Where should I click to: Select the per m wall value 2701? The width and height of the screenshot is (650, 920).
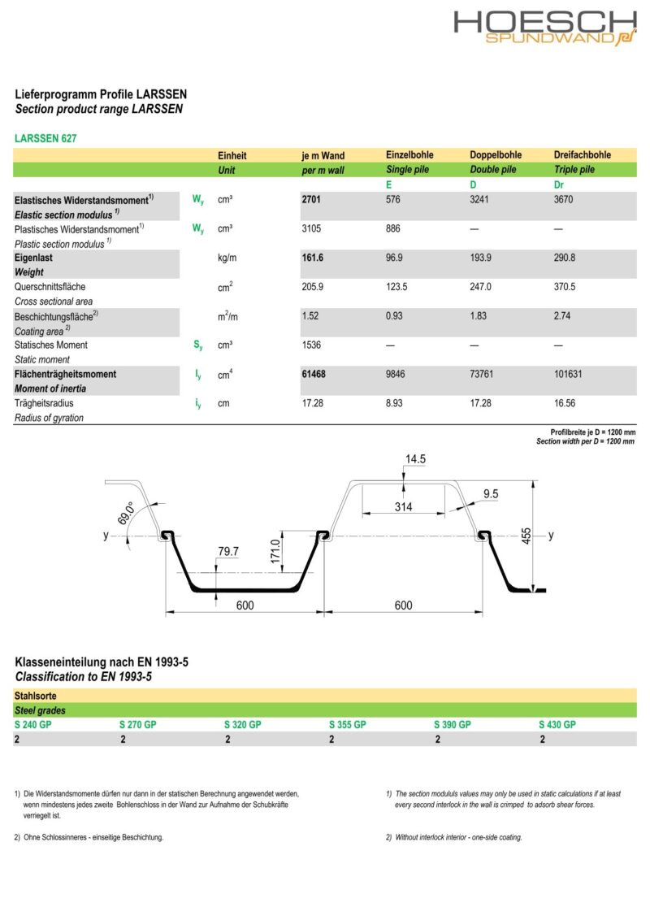click(x=313, y=199)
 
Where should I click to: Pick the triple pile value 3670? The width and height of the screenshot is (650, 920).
click(x=564, y=199)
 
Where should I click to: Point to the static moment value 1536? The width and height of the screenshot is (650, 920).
click(x=312, y=345)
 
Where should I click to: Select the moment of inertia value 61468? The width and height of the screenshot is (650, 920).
click(x=315, y=375)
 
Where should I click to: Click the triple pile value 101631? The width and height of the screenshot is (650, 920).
click(x=570, y=375)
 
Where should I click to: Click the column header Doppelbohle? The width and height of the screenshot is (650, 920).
click(x=496, y=155)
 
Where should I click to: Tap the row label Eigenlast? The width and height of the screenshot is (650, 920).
click(x=34, y=258)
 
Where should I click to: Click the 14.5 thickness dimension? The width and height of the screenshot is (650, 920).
click(x=415, y=459)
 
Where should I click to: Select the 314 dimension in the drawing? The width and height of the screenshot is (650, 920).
click(x=404, y=507)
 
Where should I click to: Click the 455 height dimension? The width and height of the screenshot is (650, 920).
click(x=526, y=536)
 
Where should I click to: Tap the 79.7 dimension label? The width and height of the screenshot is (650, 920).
click(x=228, y=552)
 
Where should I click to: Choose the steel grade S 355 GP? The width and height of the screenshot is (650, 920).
click(x=348, y=724)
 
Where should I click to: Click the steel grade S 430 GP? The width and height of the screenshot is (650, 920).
click(x=557, y=724)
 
